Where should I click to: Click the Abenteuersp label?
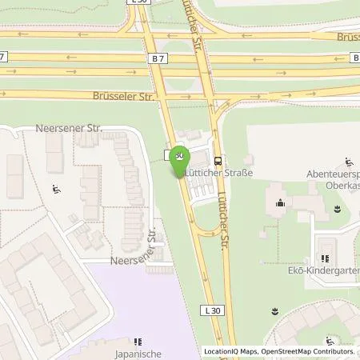pyautogui.click(x=330, y=171)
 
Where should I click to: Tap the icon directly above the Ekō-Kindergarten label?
pyautogui.click(x=325, y=258)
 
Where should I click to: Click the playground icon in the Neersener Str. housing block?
pyautogui.click(x=57, y=190)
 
